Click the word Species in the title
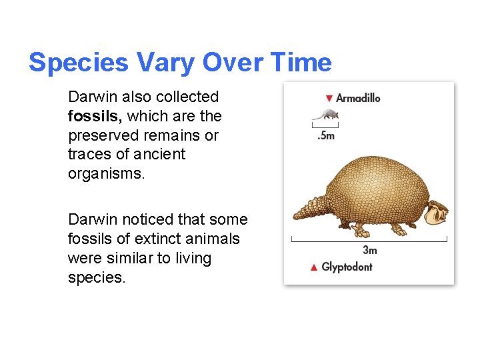pos(79,63)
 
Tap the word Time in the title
pos(302,63)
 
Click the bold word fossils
pos(94,116)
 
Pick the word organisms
pos(104,173)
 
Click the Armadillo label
pos(358,98)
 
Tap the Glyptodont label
pos(347,267)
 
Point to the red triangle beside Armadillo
pos(329,99)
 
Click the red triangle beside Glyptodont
pos(314,267)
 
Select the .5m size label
pos(325,135)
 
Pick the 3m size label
pos(369,250)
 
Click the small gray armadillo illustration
pos(325,115)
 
